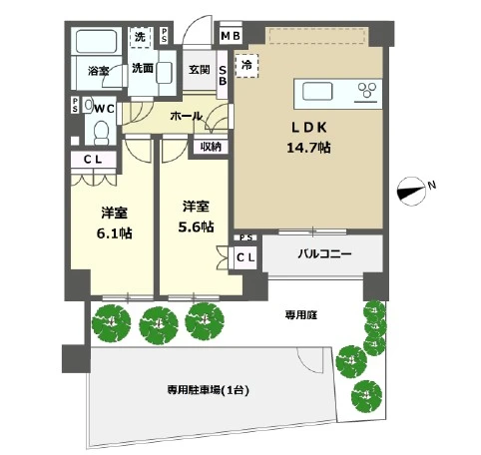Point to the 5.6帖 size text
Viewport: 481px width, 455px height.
(x=196, y=226)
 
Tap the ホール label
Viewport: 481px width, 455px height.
(x=189, y=117)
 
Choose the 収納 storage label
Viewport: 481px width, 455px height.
(x=210, y=147)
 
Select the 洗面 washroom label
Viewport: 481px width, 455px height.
(x=143, y=69)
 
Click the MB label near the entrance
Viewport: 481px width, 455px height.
(x=230, y=38)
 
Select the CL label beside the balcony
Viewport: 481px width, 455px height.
(x=244, y=257)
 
